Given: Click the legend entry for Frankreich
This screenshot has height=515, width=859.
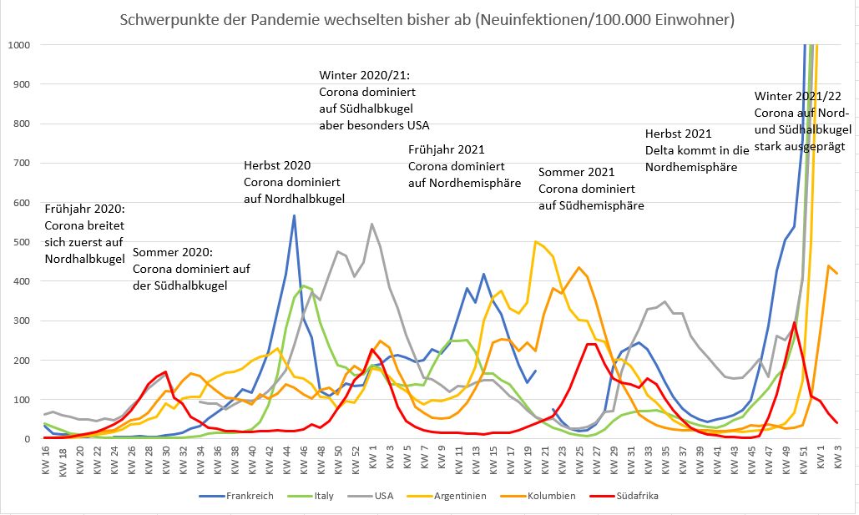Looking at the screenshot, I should [249, 495].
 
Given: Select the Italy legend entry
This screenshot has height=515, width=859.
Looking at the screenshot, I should [322, 495].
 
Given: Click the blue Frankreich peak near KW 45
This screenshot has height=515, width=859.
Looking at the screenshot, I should [294, 216].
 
